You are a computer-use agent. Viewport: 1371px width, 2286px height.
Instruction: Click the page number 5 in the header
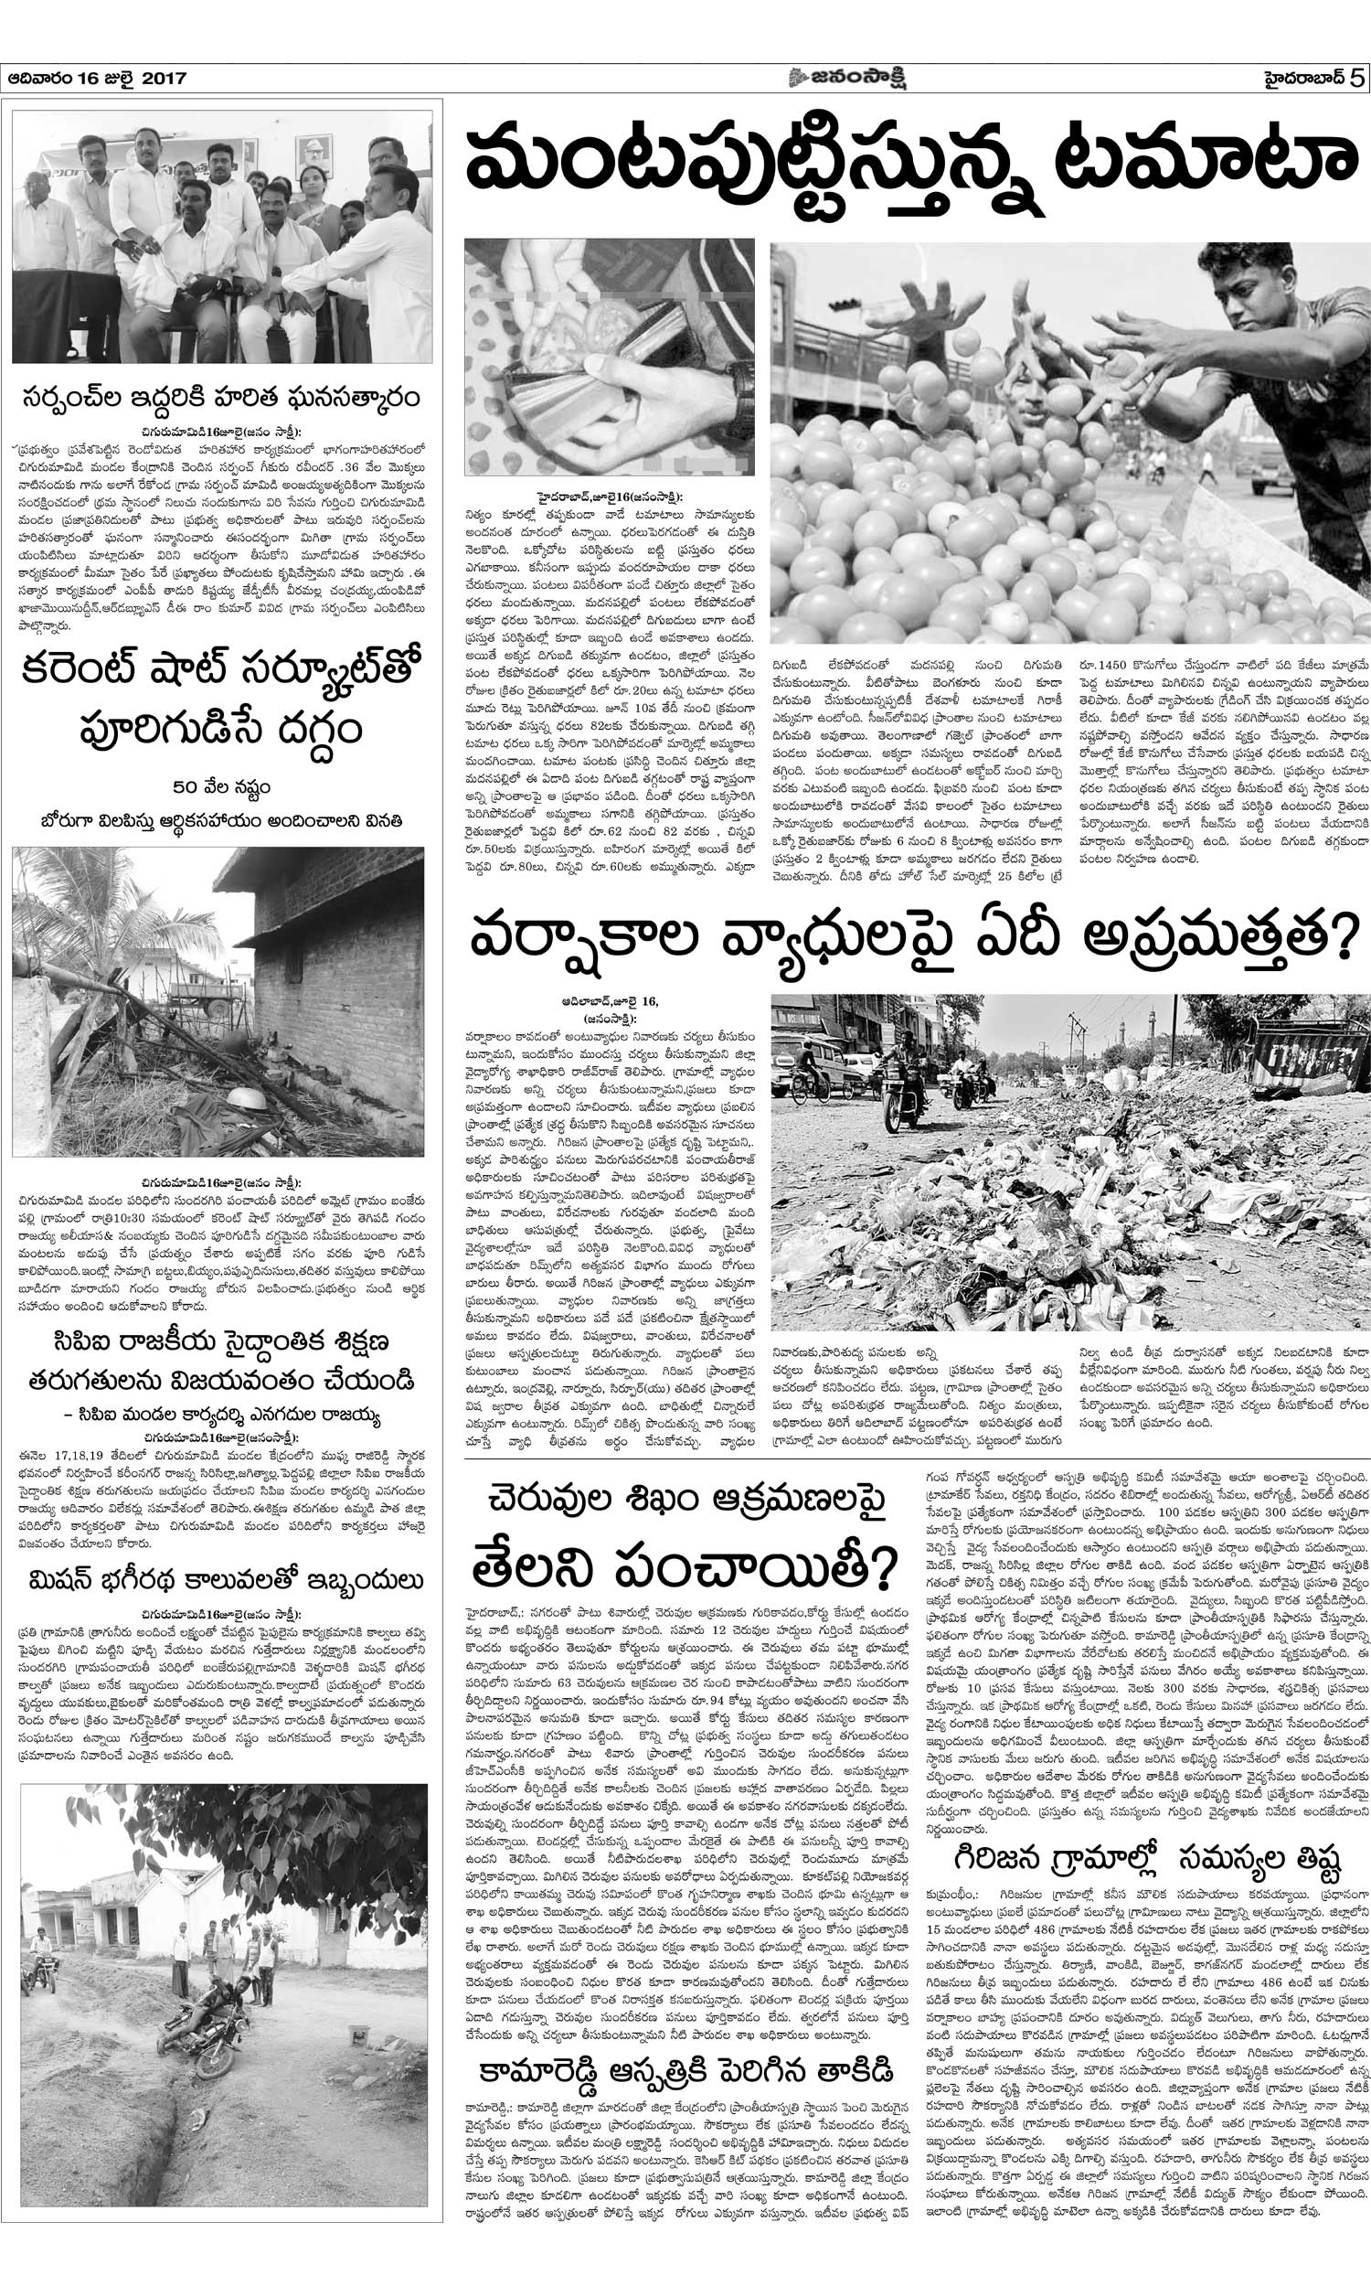[x=1355, y=79]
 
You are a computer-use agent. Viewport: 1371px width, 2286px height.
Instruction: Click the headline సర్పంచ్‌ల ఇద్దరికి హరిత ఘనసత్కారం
[x=222, y=399]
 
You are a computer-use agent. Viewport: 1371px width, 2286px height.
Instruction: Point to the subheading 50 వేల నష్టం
[x=221, y=787]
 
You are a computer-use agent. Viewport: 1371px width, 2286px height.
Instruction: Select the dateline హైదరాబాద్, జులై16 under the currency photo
[x=611, y=497]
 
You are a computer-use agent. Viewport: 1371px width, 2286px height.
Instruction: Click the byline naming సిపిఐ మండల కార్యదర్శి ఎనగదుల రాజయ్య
[x=222, y=1415]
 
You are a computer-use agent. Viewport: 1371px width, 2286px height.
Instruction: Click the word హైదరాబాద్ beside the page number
[x=1303, y=80]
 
